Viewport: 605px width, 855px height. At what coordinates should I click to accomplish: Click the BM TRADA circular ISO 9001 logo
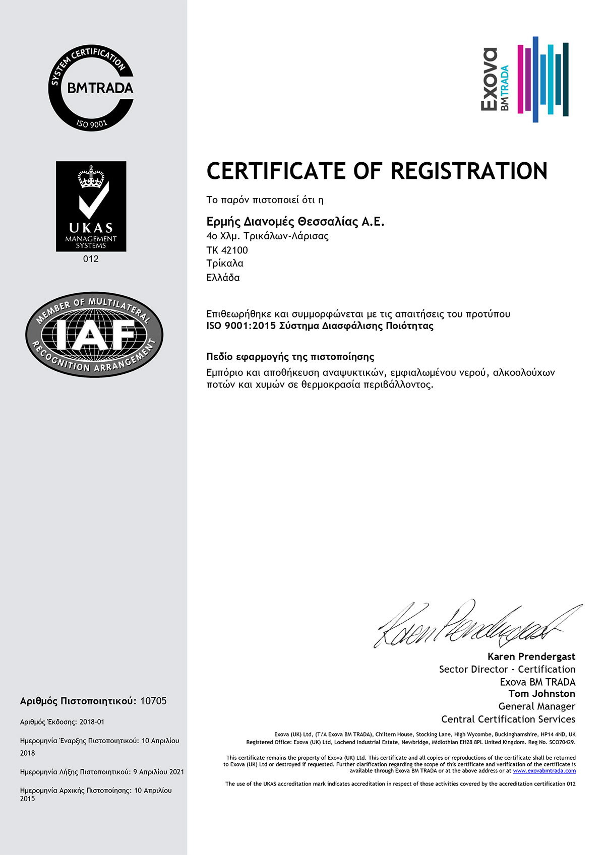pos(91,88)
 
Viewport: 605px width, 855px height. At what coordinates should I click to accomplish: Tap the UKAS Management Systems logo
pos(91,206)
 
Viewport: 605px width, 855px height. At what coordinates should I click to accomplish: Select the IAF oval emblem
pos(94,335)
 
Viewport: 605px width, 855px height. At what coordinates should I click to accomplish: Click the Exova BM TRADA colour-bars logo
pos(524,79)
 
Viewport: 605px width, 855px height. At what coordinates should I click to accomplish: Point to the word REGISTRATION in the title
pos(469,171)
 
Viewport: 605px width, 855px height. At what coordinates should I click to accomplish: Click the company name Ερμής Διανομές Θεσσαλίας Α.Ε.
pos(295,222)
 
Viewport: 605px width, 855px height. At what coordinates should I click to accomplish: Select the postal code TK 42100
pos(227,250)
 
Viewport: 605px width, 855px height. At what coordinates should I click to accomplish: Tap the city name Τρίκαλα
pos(225,263)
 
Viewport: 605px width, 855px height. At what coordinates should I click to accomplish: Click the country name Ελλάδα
pos(223,278)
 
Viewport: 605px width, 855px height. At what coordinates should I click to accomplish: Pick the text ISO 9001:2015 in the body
pos(241,326)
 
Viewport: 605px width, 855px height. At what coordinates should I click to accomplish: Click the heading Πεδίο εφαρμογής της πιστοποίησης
pos(290,357)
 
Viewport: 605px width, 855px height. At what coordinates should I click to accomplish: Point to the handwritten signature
pos(476,625)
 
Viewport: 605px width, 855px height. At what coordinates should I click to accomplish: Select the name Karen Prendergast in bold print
pos(531,656)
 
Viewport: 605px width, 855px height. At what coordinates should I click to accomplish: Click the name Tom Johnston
pos(541,694)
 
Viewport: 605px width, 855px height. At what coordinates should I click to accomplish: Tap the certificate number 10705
pos(153,701)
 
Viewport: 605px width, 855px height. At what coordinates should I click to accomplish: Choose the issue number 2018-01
pos(92,722)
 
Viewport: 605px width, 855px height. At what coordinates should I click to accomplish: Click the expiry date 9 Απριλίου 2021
pos(158,772)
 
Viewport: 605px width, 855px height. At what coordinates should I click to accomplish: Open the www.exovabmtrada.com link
pos(544,771)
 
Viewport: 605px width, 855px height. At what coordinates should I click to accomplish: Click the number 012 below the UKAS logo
pos(91,259)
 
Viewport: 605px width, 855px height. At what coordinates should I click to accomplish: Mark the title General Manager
pos(536,706)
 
